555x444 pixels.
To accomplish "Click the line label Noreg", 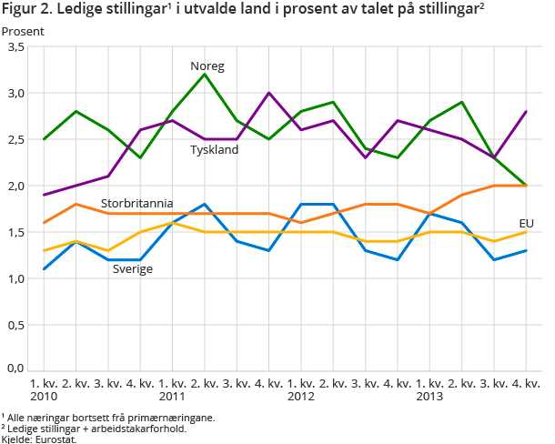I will tap(207, 66).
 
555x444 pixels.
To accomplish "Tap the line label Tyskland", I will tap(214, 149).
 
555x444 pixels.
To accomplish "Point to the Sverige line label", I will tap(133, 269).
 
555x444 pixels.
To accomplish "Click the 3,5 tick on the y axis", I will tap(15, 47).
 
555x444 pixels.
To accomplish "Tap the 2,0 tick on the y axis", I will tap(15, 186).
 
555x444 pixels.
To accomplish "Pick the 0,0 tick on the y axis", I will tap(15, 369).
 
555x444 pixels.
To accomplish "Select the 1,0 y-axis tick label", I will tap(15, 277).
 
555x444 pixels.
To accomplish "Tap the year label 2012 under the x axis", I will tap(301, 398).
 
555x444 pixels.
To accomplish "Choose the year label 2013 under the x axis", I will tap(429, 398).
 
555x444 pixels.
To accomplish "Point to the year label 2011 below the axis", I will tap(173, 398).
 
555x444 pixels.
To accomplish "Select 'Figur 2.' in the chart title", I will tap(27, 10).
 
